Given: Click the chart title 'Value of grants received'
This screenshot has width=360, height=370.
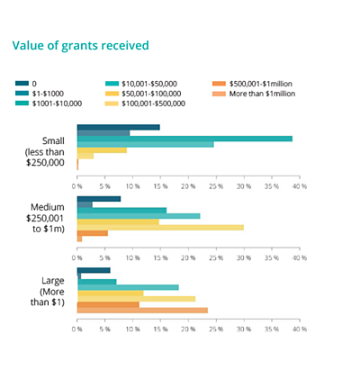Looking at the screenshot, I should (79, 45).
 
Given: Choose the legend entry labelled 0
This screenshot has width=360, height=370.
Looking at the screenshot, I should (33, 83).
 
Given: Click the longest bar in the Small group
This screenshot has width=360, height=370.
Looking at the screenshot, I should (184, 139).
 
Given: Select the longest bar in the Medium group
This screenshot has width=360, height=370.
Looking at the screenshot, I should (160, 227).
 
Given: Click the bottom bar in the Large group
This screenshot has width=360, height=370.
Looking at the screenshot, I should (142, 311).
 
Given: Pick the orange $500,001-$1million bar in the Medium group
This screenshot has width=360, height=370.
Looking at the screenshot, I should (93, 233).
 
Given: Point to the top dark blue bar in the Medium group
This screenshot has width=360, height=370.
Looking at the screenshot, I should (99, 199).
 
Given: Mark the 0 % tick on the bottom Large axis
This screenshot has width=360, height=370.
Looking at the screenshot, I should (78, 330).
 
